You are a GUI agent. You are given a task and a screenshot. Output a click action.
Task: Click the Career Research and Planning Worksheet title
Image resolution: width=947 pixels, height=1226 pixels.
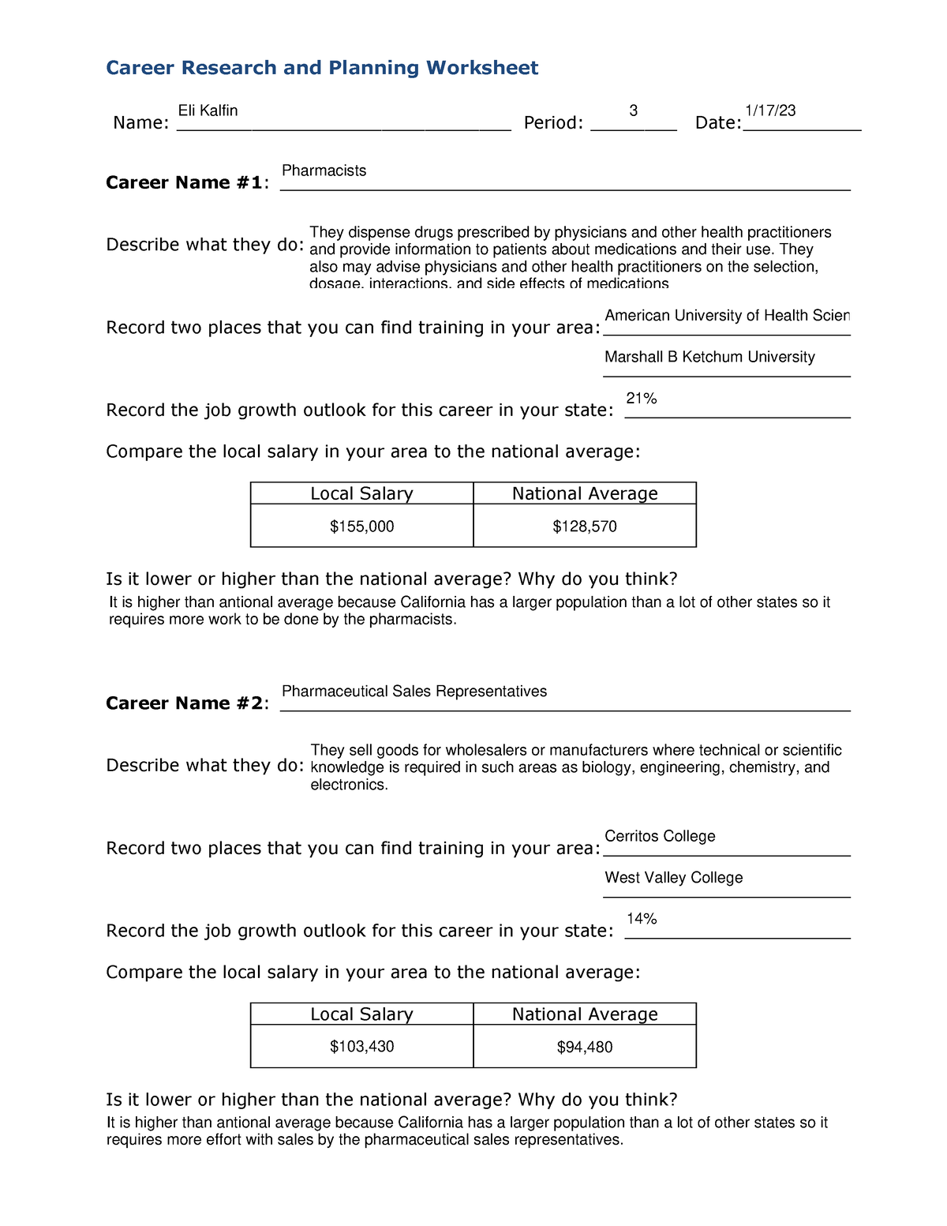click(322, 68)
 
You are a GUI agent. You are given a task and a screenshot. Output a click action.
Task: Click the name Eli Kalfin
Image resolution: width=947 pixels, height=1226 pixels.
click(208, 111)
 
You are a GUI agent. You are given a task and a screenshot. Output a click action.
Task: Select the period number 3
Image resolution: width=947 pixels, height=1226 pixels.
click(633, 111)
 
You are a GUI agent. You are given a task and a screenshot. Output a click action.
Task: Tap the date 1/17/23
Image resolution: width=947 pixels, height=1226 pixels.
click(770, 111)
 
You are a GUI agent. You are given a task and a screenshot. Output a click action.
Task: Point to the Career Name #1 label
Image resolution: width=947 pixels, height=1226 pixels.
click(186, 182)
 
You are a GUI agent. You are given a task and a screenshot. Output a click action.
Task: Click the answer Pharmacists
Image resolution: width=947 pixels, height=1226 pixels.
click(324, 171)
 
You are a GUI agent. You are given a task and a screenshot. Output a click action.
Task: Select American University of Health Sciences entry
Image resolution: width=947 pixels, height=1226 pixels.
click(727, 316)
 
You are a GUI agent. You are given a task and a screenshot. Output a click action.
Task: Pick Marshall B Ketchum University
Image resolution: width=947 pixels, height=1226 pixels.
click(709, 357)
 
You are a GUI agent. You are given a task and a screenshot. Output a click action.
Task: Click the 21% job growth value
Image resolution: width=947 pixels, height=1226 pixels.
click(641, 399)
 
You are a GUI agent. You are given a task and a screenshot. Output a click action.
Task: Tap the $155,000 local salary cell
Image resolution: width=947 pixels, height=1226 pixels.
click(362, 527)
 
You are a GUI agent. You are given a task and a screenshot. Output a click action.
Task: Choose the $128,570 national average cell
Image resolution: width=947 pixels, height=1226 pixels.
click(585, 527)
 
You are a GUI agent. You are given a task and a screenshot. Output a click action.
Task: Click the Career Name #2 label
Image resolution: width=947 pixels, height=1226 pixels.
click(186, 703)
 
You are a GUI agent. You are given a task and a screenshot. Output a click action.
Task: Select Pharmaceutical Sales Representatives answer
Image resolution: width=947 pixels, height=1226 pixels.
click(414, 692)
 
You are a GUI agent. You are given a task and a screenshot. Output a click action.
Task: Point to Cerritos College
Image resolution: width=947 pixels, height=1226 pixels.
click(660, 836)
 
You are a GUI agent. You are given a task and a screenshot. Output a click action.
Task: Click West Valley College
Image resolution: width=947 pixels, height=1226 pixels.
click(673, 878)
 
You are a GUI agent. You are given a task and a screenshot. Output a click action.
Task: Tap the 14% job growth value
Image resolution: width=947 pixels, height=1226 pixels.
click(642, 919)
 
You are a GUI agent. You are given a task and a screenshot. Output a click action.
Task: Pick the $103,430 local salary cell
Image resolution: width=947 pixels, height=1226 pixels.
click(362, 1047)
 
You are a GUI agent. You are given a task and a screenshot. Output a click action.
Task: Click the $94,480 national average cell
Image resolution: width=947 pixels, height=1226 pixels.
click(585, 1047)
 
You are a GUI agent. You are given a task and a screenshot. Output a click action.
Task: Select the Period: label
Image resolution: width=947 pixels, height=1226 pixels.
click(553, 123)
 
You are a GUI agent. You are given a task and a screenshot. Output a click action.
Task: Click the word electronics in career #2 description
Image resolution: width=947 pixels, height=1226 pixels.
click(348, 785)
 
